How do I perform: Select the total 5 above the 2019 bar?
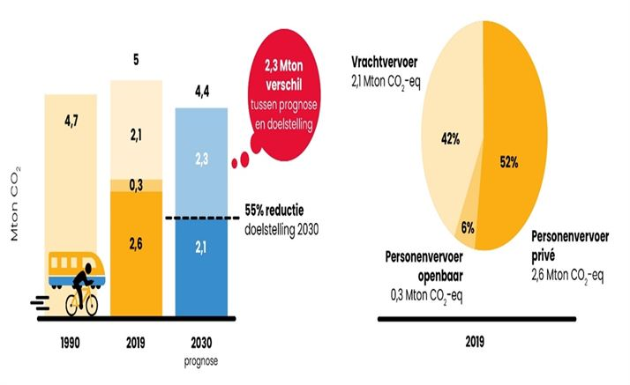coord(135,63)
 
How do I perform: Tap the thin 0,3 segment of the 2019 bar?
coord(135,184)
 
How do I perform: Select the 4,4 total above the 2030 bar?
coord(201,91)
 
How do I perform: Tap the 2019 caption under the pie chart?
coord(476,338)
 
